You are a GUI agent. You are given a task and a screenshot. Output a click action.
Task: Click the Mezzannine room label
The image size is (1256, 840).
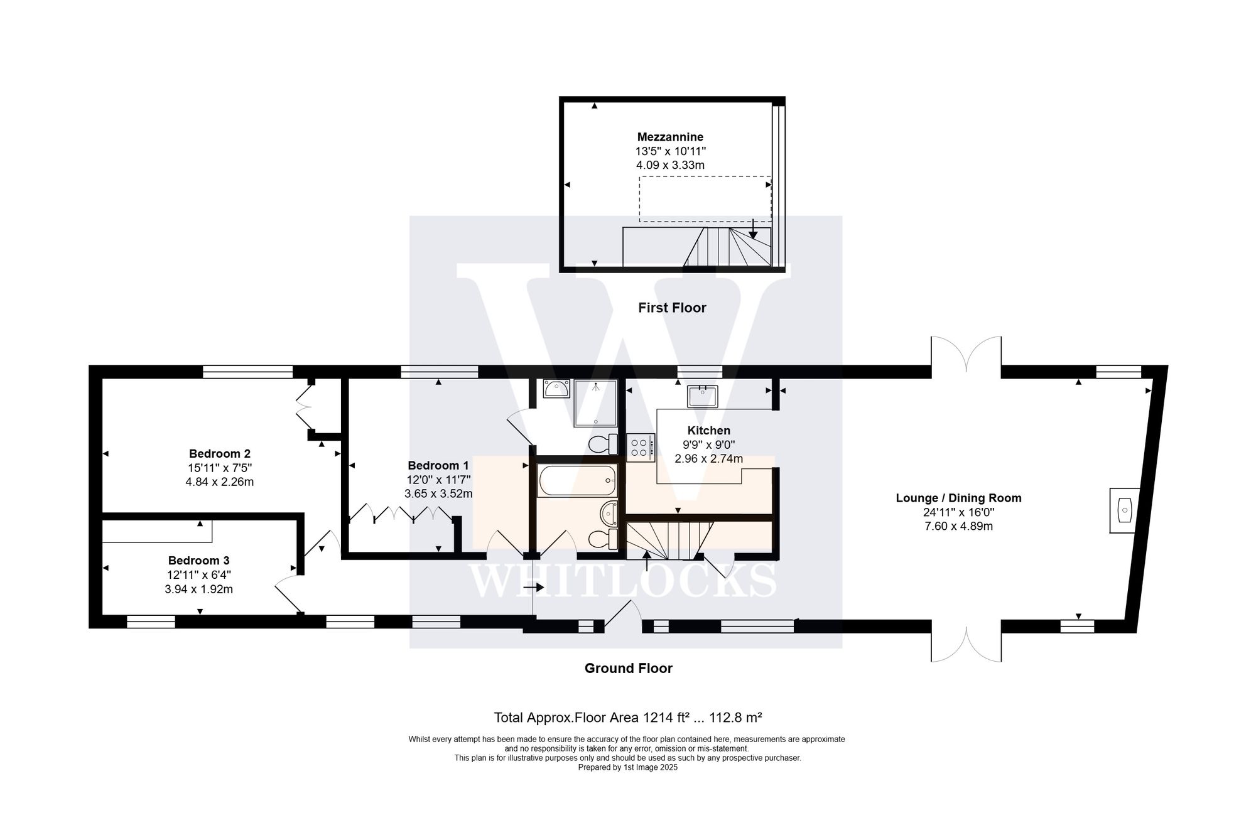[670, 137]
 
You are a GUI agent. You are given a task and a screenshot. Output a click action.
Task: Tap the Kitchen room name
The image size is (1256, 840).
[708, 431]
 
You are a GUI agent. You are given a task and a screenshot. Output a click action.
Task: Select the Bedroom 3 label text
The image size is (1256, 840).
[198, 561]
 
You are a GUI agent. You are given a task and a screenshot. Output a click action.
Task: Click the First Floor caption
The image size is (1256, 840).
[672, 308]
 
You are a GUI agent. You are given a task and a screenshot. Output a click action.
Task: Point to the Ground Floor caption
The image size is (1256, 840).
[628, 668]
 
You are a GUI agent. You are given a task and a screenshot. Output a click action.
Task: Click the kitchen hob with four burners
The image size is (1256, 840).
[640, 447]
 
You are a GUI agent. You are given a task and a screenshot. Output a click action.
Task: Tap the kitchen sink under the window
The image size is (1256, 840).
[703, 396]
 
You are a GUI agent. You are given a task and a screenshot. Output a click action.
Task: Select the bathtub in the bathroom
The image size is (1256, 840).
[577, 481]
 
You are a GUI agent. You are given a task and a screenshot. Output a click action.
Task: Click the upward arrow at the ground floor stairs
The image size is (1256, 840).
[647, 561]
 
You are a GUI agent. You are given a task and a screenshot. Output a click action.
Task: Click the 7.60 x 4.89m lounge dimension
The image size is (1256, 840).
[958, 526]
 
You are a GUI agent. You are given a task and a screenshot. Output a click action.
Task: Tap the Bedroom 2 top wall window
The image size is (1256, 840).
[247, 372]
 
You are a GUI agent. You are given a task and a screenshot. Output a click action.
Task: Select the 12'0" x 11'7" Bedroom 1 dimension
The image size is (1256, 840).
[438, 480]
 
